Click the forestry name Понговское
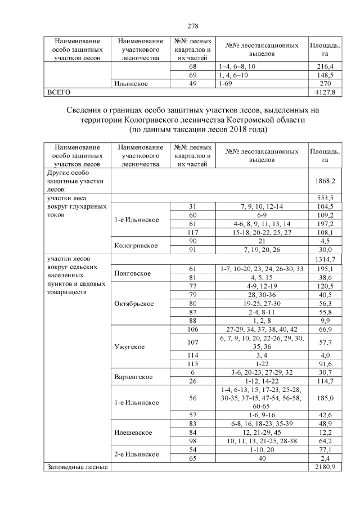[x=132, y=274]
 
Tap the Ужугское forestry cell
[x=129, y=346]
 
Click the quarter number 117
[x=193, y=232]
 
